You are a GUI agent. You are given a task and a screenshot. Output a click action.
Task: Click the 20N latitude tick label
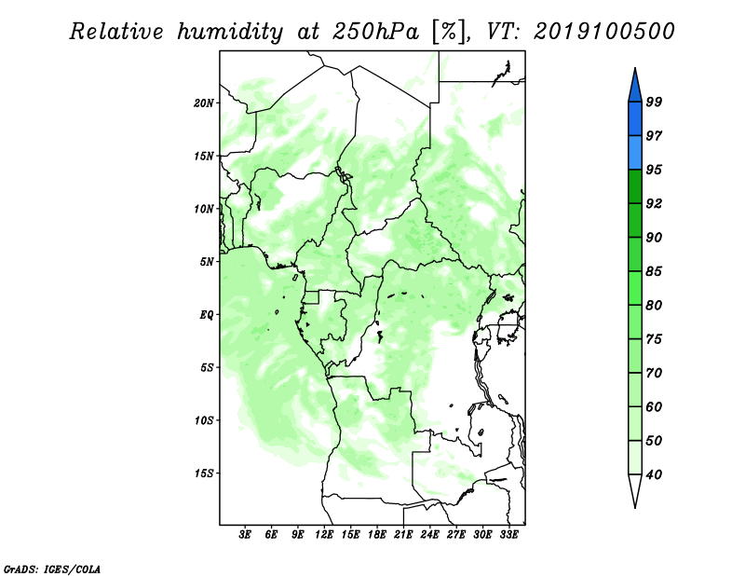[204, 103]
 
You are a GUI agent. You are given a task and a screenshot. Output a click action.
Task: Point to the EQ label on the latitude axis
[207, 315]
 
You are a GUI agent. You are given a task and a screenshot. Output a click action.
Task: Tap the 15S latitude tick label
[204, 473]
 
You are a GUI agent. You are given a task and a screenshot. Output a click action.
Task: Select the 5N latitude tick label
[207, 262]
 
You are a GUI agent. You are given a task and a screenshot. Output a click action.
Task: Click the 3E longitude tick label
[245, 535]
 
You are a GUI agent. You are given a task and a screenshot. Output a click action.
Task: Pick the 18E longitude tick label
[377, 535]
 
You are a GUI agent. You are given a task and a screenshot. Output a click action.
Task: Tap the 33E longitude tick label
[508, 535]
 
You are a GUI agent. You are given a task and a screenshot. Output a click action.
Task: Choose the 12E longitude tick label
[324, 535]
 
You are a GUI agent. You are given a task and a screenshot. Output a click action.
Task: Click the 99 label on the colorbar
[654, 102]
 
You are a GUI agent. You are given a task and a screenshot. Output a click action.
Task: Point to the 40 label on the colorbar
[654, 474]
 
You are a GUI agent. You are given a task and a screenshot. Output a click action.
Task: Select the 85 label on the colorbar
[654, 271]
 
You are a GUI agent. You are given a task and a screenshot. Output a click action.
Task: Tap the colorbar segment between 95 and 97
[635, 153]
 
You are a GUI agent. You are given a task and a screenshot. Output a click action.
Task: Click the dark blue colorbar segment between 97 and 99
[635, 119]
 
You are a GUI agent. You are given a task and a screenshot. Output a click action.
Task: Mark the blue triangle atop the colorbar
[635, 88]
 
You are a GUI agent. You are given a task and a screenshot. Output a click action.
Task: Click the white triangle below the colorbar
[635, 489]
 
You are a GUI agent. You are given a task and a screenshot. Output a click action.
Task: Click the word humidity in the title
[230, 33]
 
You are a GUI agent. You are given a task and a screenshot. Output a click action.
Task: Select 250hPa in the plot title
[375, 32]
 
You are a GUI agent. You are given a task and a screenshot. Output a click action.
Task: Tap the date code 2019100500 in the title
[603, 32]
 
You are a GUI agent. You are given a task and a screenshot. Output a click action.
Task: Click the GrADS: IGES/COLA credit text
[52, 569]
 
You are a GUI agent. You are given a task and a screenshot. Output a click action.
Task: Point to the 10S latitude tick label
[204, 420]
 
